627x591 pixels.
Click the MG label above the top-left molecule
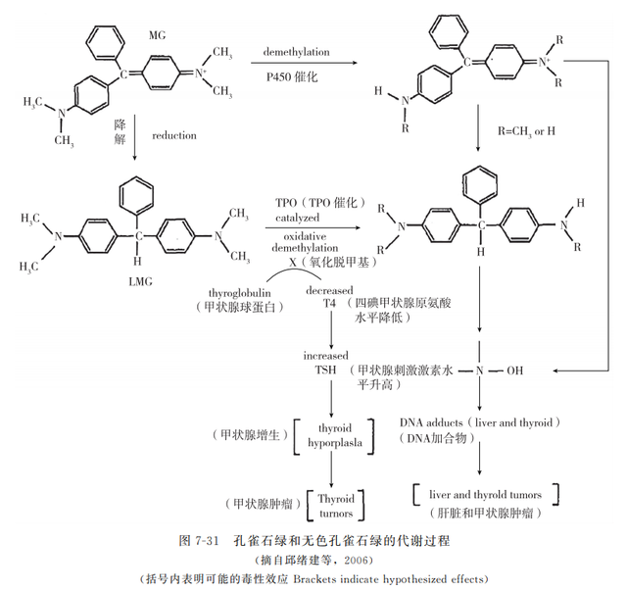pyautogui.click(x=157, y=36)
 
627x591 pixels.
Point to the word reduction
pyautogui.click(x=174, y=136)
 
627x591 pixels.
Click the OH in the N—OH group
pyautogui.click(x=516, y=371)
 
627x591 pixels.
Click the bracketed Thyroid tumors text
pyautogui.click(x=335, y=505)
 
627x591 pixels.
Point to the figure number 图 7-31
pyautogui.click(x=200, y=541)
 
